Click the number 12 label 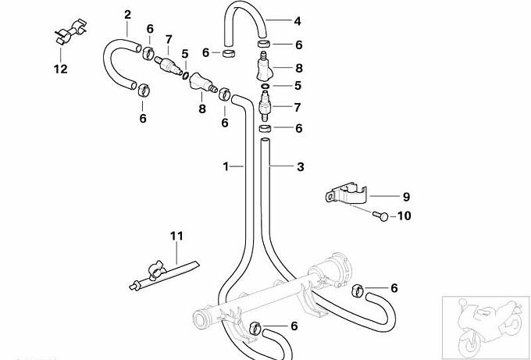pos(60,69)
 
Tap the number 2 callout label pos(128,15)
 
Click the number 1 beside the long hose pos(226,166)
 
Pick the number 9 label pos(383,198)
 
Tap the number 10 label pos(404,216)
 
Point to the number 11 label pos(176,234)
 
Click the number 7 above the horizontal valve pos(168,39)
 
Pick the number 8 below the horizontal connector pos(201,109)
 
